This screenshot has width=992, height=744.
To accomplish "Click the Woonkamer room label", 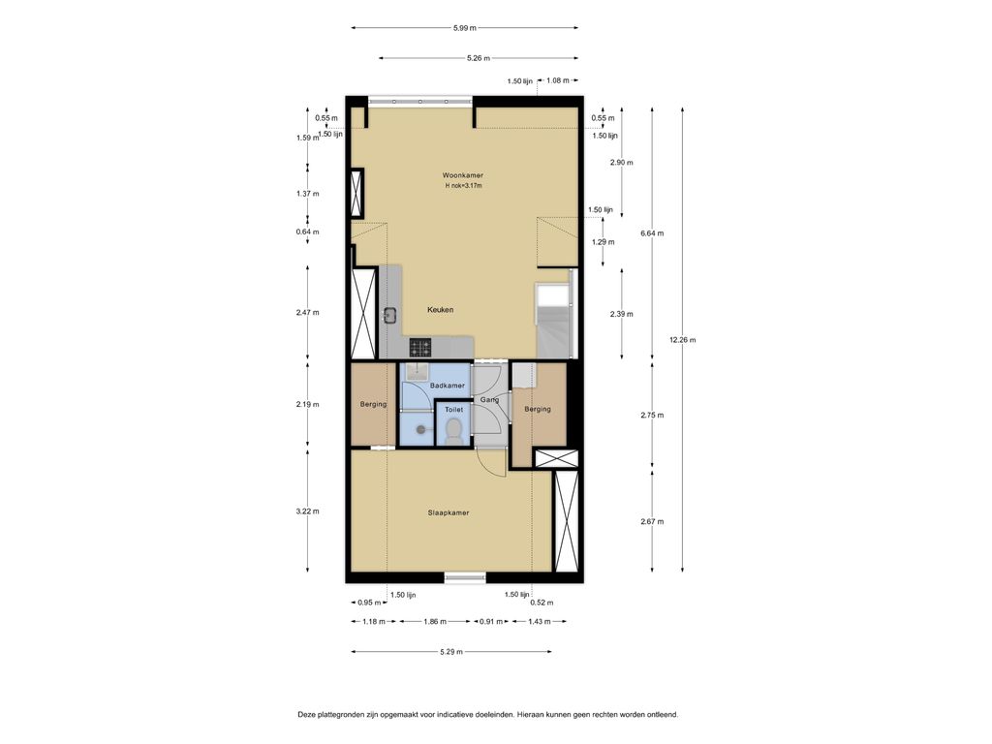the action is point(462,175).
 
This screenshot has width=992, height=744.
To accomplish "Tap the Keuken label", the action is point(440,310).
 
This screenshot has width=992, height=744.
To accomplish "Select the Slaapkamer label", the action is point(449,513).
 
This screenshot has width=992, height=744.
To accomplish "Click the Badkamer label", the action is point(448,386).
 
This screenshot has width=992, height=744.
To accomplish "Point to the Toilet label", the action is point(453,410).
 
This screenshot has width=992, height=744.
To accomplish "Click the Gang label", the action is point(489,400).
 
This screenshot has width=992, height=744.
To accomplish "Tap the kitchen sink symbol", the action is point(389,315).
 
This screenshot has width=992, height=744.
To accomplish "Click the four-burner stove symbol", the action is point(420,348).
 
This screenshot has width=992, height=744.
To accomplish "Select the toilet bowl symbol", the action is point(453,431).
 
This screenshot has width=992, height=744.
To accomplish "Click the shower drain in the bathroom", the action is point(421,429).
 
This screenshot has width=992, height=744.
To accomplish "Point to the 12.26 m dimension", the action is point(683,340).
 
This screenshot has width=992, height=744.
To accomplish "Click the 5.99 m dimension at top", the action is point(464,28).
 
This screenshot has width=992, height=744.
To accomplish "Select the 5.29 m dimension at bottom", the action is point(451,652).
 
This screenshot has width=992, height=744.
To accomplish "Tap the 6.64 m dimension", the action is point(652,233).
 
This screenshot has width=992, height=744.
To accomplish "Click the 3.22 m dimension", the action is point(307,511).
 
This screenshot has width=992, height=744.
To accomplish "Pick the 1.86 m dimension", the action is point(435,622).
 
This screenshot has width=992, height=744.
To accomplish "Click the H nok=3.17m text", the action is point(463,186).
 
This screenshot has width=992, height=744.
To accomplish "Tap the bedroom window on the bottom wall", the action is point(465,577).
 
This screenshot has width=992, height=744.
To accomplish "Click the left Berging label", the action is point(373,405).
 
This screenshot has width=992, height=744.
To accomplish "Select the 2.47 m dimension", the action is point(307,313).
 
